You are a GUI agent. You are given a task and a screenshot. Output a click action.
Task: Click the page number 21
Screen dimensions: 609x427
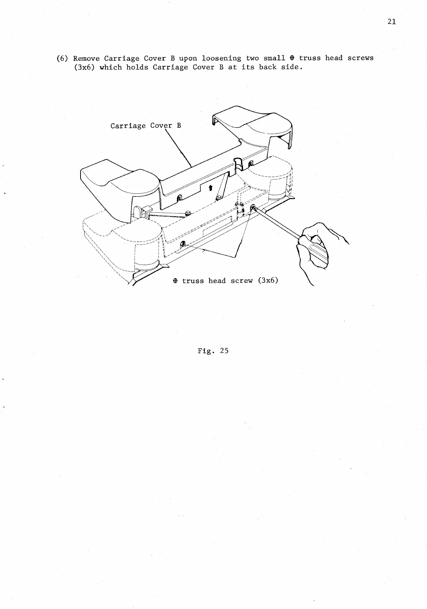392,22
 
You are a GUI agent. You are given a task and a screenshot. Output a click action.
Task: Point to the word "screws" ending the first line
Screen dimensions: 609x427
361,58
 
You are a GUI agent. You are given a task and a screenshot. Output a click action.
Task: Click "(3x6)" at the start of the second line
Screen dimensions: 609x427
85,68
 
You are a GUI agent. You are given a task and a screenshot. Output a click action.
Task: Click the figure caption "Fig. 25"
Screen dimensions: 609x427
213,351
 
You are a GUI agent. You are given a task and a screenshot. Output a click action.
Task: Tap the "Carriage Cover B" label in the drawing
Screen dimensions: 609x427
146,126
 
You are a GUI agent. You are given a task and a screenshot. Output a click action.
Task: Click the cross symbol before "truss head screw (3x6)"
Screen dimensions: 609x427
175,281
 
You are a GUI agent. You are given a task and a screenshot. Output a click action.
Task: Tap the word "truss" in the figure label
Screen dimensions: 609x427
193,281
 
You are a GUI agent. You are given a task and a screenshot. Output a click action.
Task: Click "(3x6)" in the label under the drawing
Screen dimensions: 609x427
268,281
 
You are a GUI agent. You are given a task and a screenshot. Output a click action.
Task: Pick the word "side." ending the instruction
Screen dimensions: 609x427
291,67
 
